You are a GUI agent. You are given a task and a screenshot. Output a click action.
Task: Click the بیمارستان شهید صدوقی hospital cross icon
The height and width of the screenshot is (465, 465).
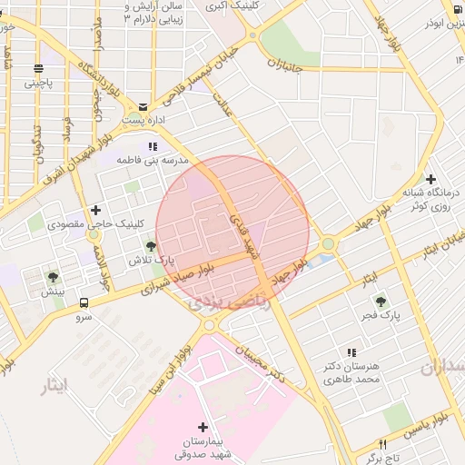tap(202, 427)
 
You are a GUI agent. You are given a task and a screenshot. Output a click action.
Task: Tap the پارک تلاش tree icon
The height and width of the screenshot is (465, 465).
tap(151, 245)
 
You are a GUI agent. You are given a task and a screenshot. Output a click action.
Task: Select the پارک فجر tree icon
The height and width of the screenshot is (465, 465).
tap(381, 301)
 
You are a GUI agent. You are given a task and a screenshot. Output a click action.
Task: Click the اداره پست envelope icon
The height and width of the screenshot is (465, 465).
tap(143, 106)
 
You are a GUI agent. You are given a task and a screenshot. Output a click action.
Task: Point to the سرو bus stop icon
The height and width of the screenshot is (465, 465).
tap(84, 302)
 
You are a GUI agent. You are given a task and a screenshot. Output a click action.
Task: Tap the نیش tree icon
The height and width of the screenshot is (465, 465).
tap(54, 277)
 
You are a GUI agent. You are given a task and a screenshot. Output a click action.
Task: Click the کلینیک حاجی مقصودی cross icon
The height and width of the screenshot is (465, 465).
tap(95, 210)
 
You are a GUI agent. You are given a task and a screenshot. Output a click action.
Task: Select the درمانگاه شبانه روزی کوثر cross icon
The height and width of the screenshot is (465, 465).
tap(430, 180)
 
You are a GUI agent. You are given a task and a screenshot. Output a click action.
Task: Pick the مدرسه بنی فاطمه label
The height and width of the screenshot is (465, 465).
tap(152, 160)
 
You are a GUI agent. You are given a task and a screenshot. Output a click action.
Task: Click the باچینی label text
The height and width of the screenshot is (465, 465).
tap(38, 83)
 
